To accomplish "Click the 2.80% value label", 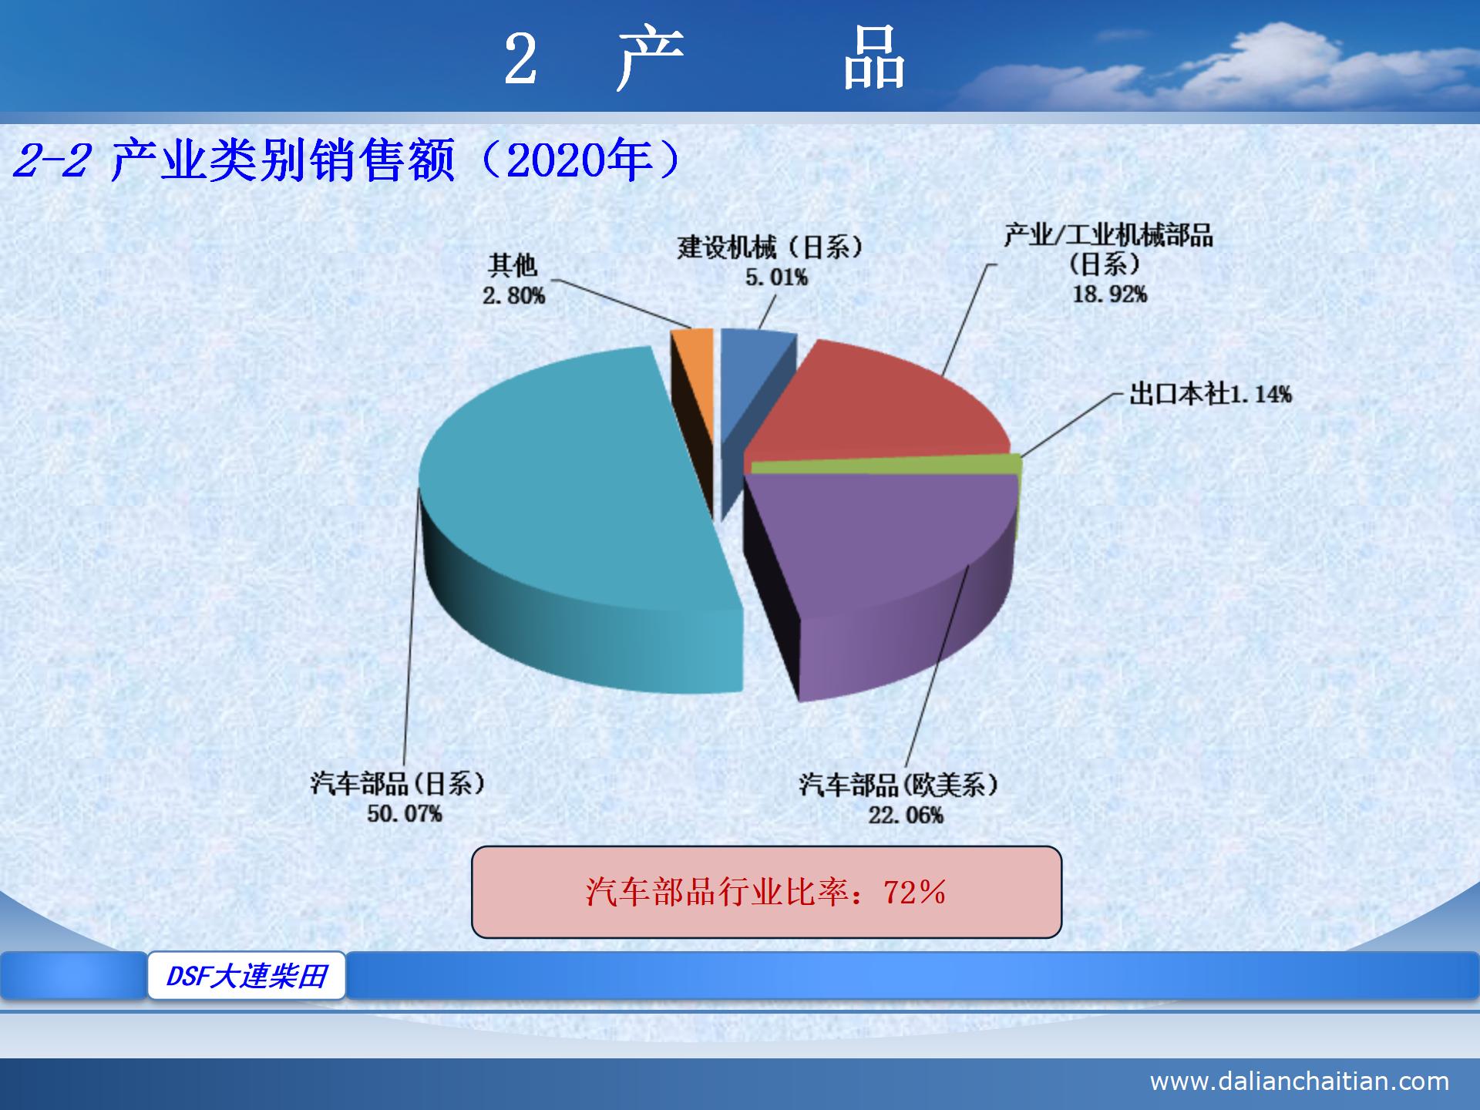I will coord(514,295).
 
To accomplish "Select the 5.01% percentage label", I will coord(776,277).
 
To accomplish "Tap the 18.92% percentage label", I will coord(1110,294).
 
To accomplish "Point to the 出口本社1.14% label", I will coord(1210,395).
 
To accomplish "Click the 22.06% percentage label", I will coord(906,815).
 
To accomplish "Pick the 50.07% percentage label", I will coord(405,813).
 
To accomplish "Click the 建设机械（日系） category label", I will coord(770,247).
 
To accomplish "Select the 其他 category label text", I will coord(513,265).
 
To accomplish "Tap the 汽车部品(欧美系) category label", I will coord(899,785).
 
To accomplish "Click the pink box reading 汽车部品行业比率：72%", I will coord(766,892).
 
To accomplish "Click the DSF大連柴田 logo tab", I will coord(247,976).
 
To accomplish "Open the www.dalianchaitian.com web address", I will coord(1299,1081).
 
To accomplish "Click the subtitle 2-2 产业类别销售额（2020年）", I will coord(347,161).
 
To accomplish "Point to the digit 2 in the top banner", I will coord(520,60).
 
